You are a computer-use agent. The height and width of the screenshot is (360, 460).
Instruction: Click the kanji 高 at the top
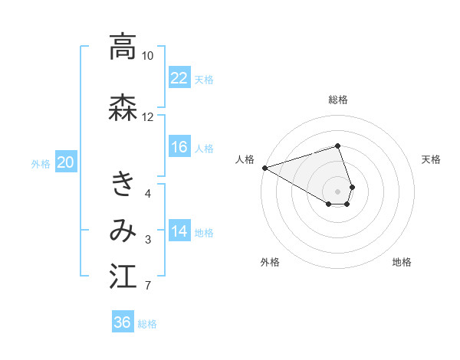123,47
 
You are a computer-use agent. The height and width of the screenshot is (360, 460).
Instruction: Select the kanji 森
123,107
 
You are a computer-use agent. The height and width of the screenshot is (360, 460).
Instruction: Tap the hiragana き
123,185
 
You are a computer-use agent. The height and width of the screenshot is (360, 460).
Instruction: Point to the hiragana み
123,231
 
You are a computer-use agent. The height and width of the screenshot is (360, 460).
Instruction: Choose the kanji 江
123,277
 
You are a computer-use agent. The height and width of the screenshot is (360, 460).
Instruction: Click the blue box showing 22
179,77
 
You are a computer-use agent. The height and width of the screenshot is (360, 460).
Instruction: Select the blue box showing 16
179,147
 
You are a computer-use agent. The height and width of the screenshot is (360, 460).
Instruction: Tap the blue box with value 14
179,231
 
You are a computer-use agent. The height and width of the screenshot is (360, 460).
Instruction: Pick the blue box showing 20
65,162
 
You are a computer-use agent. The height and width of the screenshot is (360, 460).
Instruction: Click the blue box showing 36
123,322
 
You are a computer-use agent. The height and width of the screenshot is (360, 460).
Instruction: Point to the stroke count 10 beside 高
147,56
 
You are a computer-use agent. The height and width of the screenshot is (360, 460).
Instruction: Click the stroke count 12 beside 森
147,116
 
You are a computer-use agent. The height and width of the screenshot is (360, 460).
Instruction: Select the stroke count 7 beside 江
147,286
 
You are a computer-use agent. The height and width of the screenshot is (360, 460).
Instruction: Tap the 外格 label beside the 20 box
41,163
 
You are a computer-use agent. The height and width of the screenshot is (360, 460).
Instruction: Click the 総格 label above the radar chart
338,100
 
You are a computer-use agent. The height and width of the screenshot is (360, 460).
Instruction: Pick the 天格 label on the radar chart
432,159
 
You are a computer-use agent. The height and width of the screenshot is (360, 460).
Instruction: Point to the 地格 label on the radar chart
402,262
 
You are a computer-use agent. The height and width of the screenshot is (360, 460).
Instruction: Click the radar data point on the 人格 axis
264,167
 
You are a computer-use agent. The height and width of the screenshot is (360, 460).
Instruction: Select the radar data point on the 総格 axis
338,146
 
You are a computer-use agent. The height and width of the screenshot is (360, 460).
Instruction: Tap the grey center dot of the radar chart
338,191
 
